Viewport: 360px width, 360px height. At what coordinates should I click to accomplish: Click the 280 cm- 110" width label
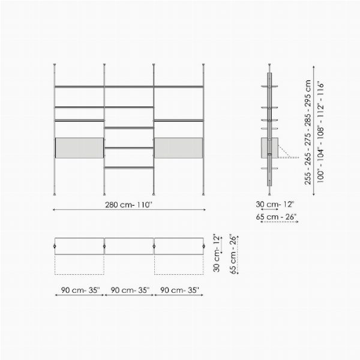click(x=129, y=205)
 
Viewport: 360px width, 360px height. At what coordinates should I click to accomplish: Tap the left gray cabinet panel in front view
click(x=79, y=148)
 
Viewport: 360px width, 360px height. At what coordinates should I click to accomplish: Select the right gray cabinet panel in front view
click(x=179, y=148)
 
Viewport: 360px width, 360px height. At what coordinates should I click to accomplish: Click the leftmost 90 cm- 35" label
click(x=80, y=290)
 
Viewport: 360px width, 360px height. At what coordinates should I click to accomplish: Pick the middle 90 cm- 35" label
click(x=130, y=290)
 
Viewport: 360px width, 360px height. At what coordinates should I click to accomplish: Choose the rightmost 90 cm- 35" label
click(x=179, y=290)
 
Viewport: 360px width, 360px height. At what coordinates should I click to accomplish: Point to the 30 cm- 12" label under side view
click(x=275, y=204)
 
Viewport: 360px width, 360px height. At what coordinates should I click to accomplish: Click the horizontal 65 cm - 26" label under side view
click(x=276, y=217)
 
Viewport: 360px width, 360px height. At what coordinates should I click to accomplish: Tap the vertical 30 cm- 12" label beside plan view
click(x=216, y=253)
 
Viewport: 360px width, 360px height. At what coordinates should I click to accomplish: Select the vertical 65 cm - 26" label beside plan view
click(x=233, y=254)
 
